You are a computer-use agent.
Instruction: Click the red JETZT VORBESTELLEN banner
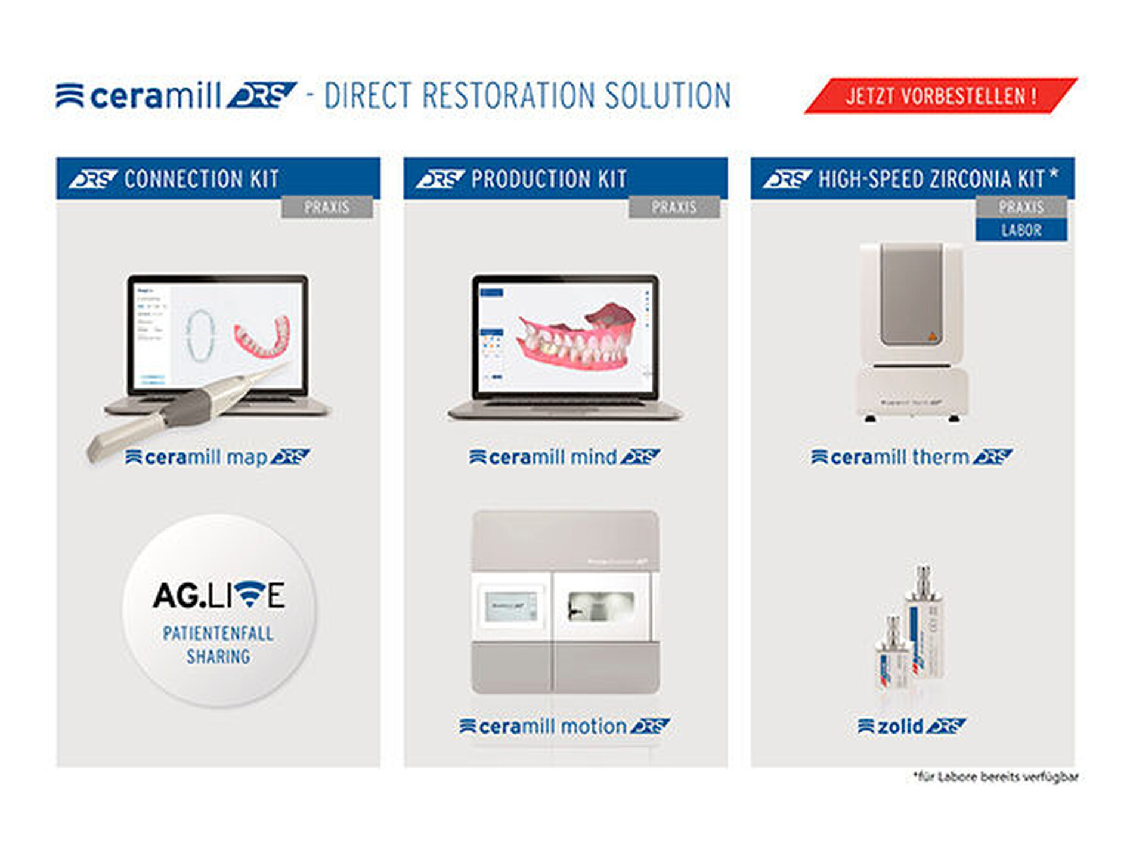940,95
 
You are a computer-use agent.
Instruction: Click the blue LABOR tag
1021,230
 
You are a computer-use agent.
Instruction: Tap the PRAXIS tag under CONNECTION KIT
327,207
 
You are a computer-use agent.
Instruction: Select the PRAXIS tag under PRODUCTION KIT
674,207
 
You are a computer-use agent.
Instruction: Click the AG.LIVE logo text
219,595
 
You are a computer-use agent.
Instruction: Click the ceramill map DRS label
218,458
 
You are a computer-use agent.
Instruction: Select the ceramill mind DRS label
565,458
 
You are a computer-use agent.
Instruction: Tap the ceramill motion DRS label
565,727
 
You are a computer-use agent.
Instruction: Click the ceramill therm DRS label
912,458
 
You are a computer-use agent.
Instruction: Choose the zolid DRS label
912,727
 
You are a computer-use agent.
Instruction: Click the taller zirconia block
924,626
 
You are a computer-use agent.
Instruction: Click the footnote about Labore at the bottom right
996,777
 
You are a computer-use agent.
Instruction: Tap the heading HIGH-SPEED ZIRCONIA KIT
930,178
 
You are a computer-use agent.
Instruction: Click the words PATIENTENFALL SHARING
219,645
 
